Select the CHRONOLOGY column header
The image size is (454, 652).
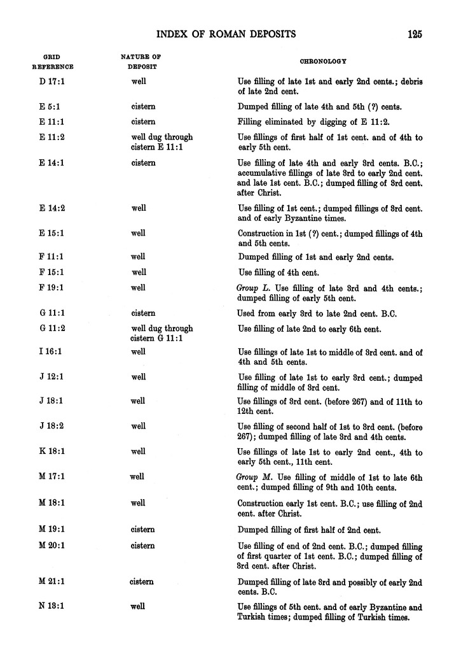point(323,61)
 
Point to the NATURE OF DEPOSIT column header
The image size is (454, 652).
point(141,62)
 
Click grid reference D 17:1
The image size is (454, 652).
point(52,82)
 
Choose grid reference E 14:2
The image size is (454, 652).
point(52,208)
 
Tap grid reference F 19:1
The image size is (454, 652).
point(52,288)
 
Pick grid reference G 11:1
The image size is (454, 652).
point(52,313)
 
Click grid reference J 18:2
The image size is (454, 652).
point(52,426)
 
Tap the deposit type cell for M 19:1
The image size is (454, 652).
point(143,530)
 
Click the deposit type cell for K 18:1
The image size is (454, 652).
point(138,451)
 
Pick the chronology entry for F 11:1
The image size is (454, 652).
point(315,257)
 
